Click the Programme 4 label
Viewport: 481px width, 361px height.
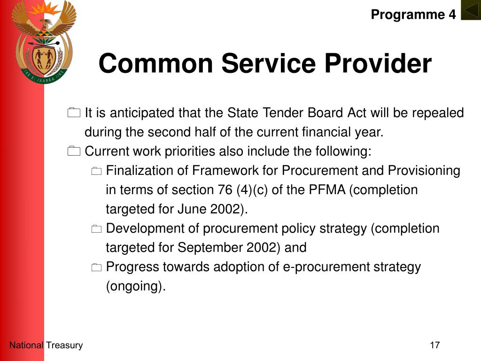coord(413,15)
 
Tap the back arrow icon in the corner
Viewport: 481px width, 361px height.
coord(471,10)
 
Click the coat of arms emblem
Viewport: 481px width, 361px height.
coord(44,42)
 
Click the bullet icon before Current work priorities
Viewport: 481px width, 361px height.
coord(74,151)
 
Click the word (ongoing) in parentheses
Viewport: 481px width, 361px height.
coord(136,286)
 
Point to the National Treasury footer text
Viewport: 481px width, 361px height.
coord(46,345)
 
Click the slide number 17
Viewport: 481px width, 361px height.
coord(434,345)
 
